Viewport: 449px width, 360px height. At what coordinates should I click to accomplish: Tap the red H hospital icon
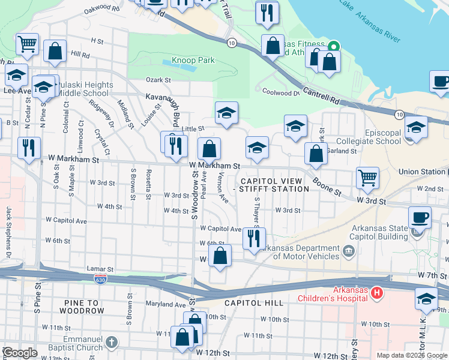(x=376, y=293)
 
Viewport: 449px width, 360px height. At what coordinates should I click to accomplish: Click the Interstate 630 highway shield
(x=101, y=280)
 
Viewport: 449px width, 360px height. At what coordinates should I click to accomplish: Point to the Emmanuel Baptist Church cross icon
(x=111, y=343)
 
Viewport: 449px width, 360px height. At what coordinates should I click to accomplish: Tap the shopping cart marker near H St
(x=27, y=44)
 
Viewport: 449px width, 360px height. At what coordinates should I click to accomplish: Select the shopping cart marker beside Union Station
(x=367, y=178)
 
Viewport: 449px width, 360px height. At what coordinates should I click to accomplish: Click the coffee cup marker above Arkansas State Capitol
(x=420, y=217)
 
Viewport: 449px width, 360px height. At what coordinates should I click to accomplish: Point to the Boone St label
(x=328, y=186)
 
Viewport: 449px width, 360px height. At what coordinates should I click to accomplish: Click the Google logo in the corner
(x=20, y=353)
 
